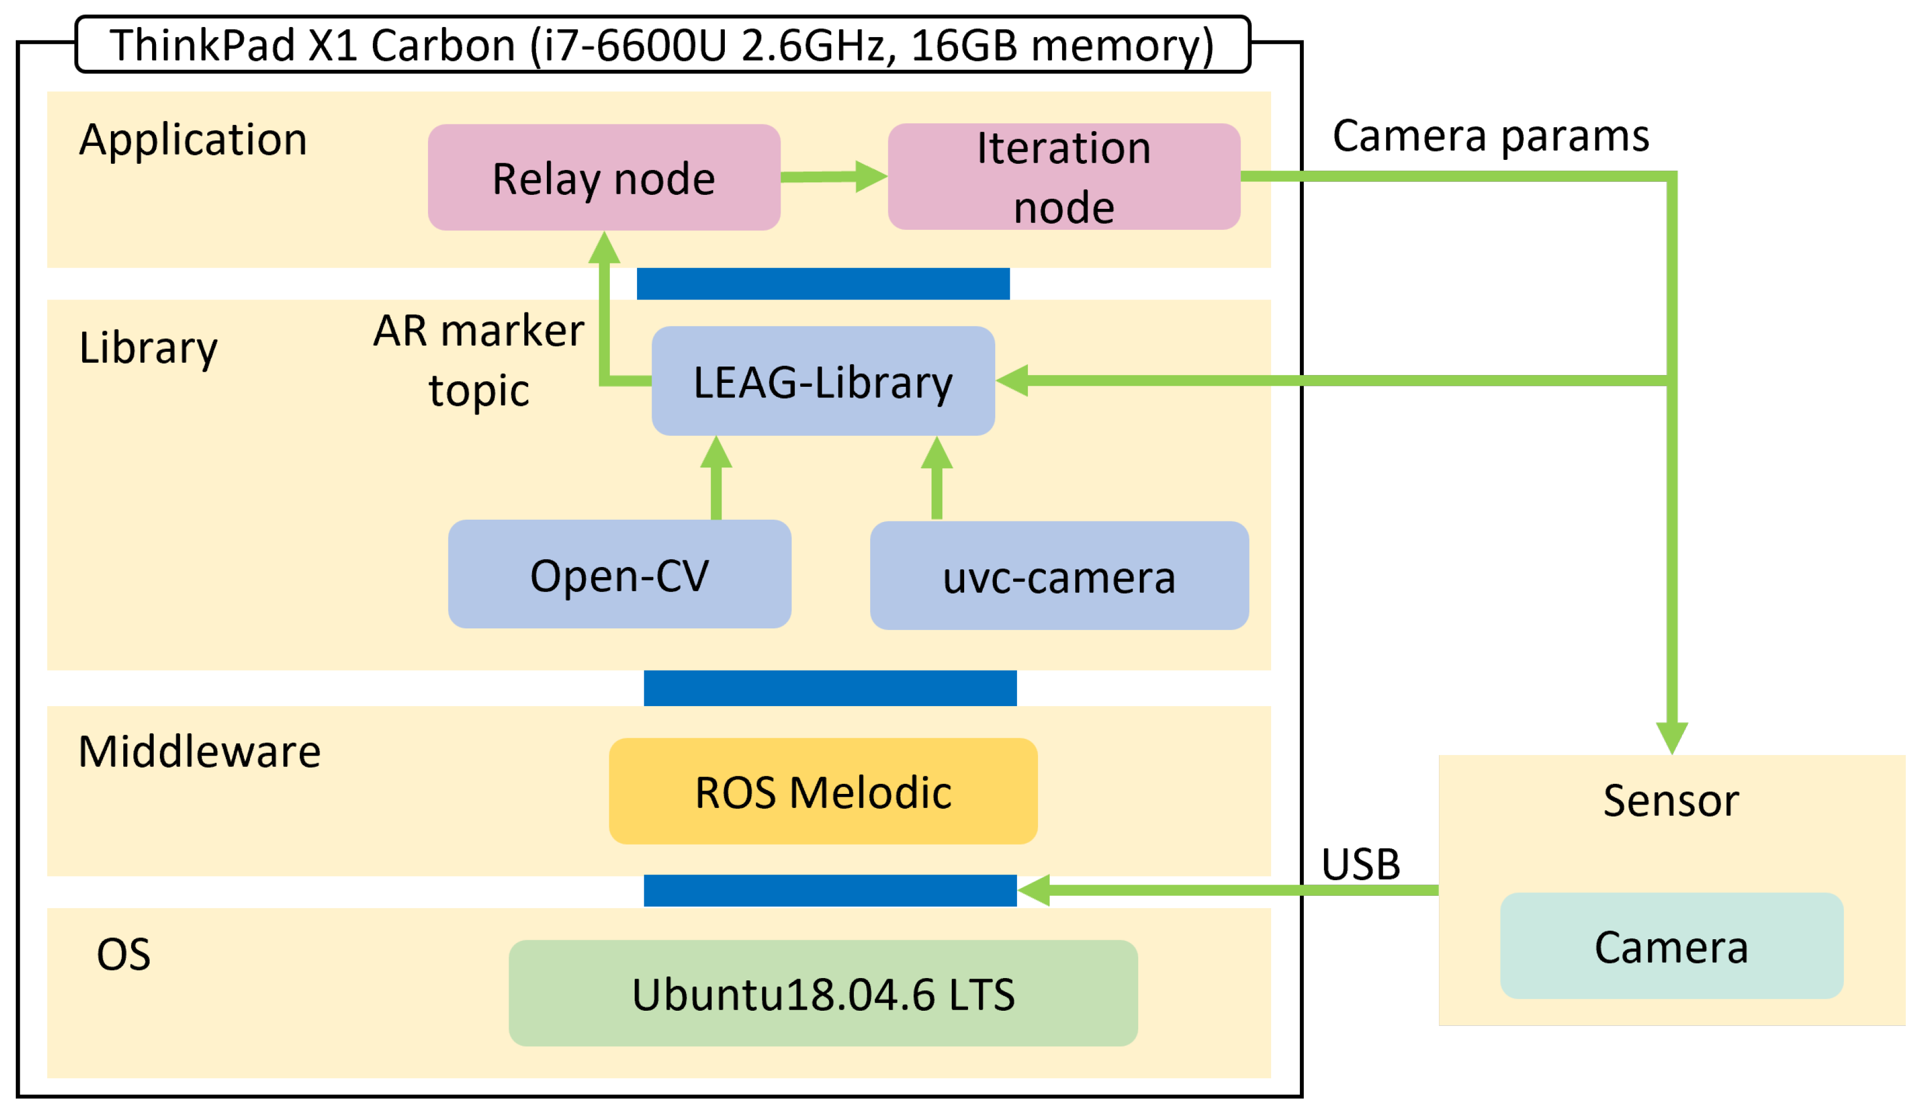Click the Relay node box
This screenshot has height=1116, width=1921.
point(604,177)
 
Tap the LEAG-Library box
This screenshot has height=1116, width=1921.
point(823,381)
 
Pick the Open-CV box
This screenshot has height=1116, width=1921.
point(619,575)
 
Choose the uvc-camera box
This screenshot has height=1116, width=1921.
point(1059,576)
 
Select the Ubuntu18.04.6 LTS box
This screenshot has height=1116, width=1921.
point(823,994)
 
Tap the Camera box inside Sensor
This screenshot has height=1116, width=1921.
point(1671,947)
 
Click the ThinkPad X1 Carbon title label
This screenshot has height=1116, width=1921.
point(662,45)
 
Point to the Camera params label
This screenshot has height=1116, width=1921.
point(1490,136)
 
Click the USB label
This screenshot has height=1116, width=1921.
point(1360,864)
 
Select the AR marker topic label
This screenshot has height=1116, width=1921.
point(479,360)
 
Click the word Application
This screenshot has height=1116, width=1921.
point(193,140)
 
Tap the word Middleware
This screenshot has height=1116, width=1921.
point(200,752)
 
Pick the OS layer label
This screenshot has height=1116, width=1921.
point(123,954)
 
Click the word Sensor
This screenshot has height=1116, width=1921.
point(1671,801)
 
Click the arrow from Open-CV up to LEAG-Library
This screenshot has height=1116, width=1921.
point(716,479)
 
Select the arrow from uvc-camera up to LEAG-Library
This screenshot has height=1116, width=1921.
point(937,479)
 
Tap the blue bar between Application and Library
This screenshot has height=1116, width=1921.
point(823,284)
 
